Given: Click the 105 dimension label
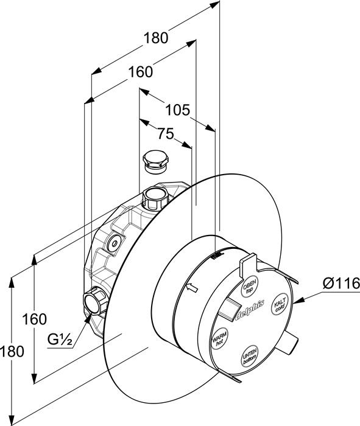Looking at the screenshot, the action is click(178, 110).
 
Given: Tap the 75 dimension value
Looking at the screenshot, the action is click(166, 134).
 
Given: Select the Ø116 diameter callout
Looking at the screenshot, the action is click(342, 284).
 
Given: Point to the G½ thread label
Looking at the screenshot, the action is click(60, 339).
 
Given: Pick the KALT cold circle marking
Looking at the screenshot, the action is click(280, 304).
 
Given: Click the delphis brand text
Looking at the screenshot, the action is click(249, 310).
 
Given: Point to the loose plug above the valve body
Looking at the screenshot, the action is click(155, 161).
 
